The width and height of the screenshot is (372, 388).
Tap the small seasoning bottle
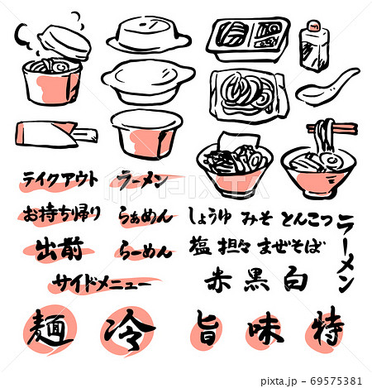tap(314, 46)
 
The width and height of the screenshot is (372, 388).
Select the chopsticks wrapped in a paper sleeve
tap(55, 135)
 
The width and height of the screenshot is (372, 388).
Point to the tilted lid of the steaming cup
tap(64, 42)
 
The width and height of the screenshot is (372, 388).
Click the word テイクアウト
tap(60, 180)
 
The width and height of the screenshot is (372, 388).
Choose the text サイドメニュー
tap(101, 284)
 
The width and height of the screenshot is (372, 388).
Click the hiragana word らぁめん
tap(145, 217)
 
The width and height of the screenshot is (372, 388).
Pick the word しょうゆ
tap(210, 216)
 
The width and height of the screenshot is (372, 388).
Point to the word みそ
tap(257, 218)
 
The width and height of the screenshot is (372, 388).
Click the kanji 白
tap(295, 280)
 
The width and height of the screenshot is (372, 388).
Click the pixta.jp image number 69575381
tap(336, 381)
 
